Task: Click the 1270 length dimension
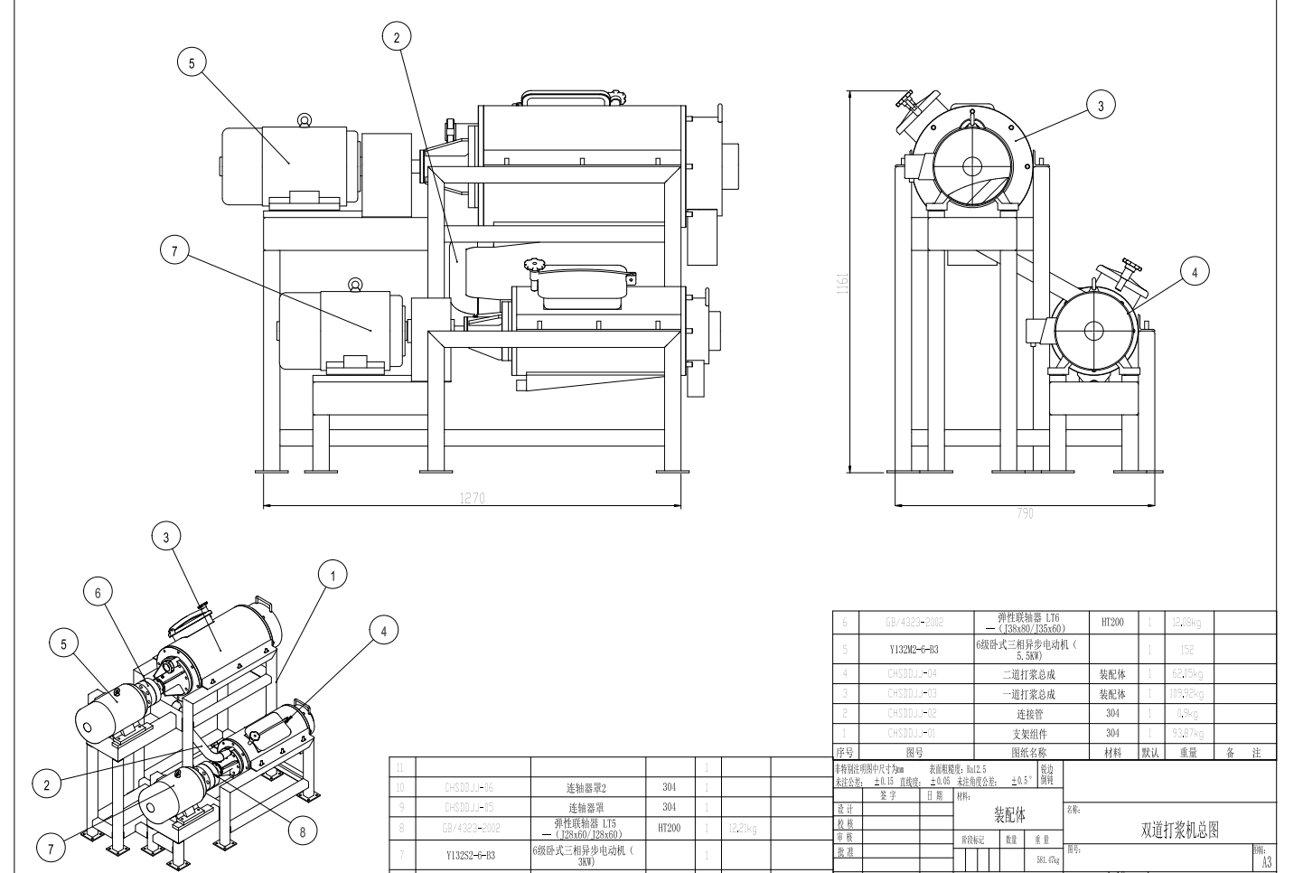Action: click(x=473, y=498)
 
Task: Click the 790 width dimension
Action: click(x=1025, y=513)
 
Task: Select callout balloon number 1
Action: click(x=333, y=575)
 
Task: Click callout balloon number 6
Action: click(x=98, y=592)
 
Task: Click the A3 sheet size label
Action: click(x=1266, y=861)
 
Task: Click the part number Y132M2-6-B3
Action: click(x=914, y=650)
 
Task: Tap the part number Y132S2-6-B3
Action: click(x=470, y=854)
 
